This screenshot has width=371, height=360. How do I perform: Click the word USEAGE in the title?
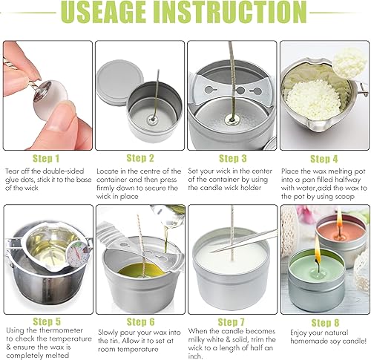pos(103,12)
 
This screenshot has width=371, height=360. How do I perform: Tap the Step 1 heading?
pos(46,159)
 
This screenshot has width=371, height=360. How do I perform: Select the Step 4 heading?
pos(324,159)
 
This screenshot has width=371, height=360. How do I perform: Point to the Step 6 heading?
pos(140,322)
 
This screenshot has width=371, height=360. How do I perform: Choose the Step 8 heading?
pos(325,323)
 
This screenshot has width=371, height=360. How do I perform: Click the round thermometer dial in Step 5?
pos(77,254)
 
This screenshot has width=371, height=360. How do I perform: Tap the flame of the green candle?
pos(318,252)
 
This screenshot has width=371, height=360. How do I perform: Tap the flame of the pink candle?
pos(339,217)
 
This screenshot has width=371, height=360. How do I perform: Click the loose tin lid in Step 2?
pos(119,82)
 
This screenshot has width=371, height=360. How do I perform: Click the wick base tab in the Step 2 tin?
pos(152,120)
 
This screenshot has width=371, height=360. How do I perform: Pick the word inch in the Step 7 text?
pos(194,356)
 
